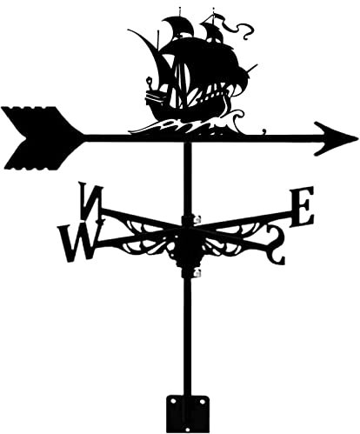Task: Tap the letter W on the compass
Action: point(79,241)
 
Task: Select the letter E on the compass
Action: point(302,206)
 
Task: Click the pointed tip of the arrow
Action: point(357,139)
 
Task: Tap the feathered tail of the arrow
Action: point(35,138)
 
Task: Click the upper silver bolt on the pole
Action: point(197,219)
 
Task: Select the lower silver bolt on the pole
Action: point(198,272)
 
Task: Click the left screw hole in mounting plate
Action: point(173,401)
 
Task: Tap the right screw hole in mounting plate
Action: point(202,402)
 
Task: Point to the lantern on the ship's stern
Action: point(150,82)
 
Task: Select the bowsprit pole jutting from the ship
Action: point(251,69)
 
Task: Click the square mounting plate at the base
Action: point(188,414)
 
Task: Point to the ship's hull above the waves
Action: point(185,106)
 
